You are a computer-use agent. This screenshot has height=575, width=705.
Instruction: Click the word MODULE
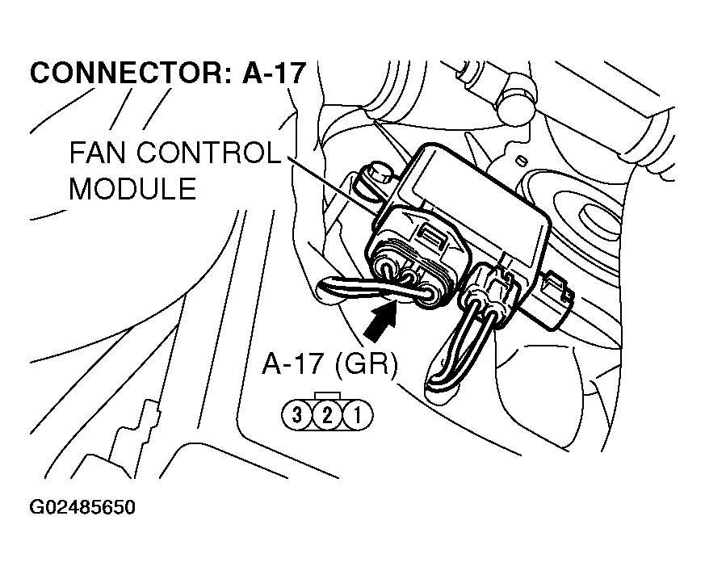point(132,189)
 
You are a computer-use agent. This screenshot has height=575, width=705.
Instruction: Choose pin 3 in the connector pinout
point(297,416)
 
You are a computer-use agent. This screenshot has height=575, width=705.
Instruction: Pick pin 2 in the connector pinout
point(327,416)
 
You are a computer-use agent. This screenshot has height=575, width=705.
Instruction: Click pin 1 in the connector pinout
point(355,416)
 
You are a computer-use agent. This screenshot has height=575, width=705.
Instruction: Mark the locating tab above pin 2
point(326,397)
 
